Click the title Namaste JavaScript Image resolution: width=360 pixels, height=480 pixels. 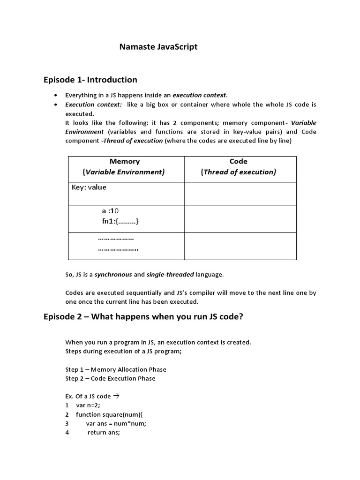(158, 47)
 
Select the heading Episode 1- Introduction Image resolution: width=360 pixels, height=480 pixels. (90, 80)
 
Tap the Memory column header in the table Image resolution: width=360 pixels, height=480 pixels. (125, 161)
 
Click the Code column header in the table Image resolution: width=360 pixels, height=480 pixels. (239, 161)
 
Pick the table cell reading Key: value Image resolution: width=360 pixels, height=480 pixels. (89, 187)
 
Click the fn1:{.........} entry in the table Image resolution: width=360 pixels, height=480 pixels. (120, 221)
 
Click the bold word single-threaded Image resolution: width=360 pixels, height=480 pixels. (169, 274)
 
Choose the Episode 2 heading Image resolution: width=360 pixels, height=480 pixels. (143, 316)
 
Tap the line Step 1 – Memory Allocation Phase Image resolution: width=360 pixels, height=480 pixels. (116, 369)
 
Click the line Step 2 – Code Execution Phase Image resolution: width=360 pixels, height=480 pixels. (110, 378)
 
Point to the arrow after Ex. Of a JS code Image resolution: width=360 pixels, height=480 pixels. (117, 396)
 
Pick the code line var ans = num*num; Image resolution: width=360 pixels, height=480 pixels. (116, 423)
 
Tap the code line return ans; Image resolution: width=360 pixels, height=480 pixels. (104, 433)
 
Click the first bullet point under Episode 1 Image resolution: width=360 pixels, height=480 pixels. (57, 95)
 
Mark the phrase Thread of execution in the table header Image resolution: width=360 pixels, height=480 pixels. (239, 172)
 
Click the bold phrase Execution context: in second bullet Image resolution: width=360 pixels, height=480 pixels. (93, 105)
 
